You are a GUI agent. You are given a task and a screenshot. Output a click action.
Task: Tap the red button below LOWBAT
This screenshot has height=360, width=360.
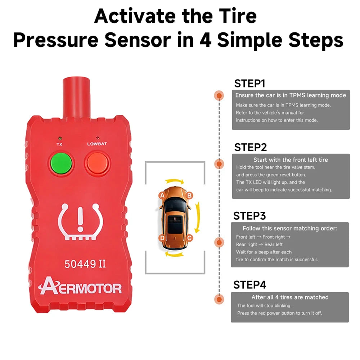point(98,163)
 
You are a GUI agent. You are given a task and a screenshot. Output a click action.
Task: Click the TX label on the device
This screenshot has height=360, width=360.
point(59,144)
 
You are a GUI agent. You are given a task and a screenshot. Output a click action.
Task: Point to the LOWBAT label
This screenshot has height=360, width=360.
point(97,144)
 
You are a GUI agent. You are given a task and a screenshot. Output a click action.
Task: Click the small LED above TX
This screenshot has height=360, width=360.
point(60,139)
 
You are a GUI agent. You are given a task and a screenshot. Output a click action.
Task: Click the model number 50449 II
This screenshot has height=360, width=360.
point(85,264)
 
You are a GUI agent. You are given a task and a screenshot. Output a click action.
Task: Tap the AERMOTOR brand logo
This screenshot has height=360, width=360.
point(80,286)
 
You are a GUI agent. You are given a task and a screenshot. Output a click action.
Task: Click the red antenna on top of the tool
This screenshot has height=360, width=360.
point(76,98)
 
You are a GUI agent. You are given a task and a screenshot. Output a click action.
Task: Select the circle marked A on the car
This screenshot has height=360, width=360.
point(162,195)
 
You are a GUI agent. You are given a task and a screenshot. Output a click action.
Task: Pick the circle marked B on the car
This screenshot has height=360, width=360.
point(189,195)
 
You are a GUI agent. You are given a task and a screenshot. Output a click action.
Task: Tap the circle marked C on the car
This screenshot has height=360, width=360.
point(189,238)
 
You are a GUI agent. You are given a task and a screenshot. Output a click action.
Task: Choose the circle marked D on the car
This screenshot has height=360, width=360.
point(162,238)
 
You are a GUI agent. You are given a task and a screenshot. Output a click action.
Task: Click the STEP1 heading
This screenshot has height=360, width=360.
point(249,84)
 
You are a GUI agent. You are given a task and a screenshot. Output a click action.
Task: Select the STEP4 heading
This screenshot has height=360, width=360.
point(249,285)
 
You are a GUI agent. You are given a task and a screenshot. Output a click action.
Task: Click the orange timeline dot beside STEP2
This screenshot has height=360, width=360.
point(219,164)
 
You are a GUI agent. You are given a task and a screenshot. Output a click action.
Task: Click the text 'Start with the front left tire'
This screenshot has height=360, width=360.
point(291,160)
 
